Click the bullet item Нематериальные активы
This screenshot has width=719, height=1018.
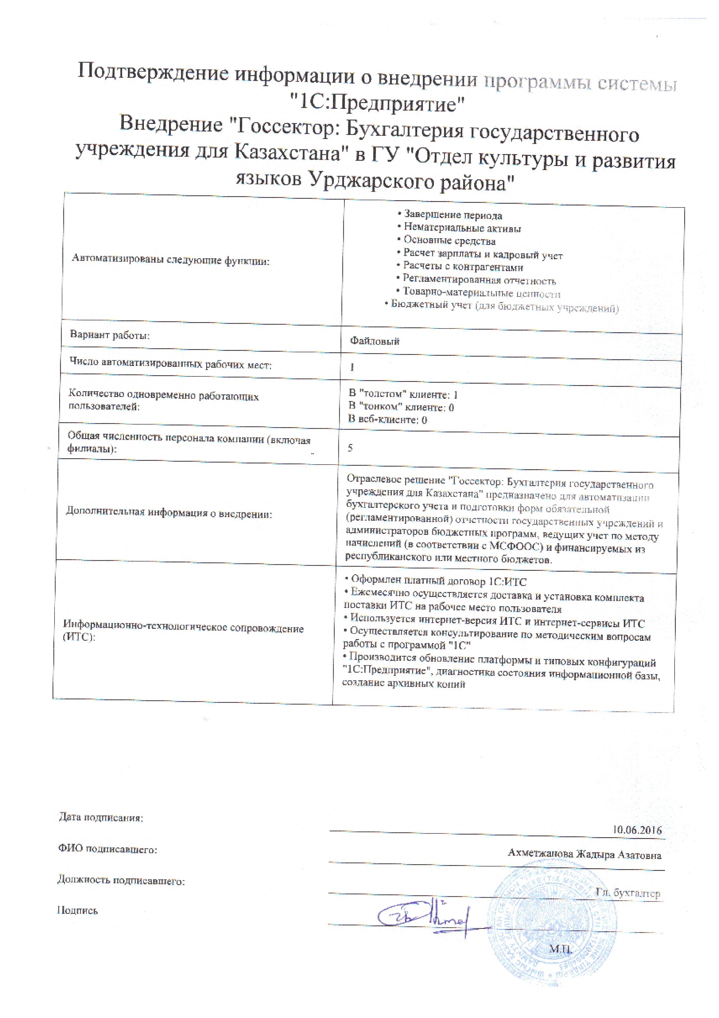click(462, 228)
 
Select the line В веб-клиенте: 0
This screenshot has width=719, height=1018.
click(387, 419)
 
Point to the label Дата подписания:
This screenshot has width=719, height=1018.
click(101, 817)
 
